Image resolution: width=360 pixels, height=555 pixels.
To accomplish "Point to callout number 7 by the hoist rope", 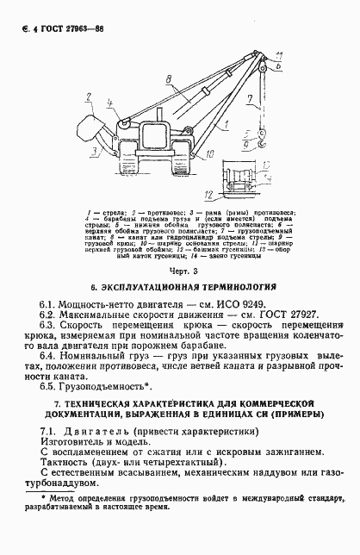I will [x=248, y=100].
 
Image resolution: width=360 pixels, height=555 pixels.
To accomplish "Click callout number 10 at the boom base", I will [x=210, y=155].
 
